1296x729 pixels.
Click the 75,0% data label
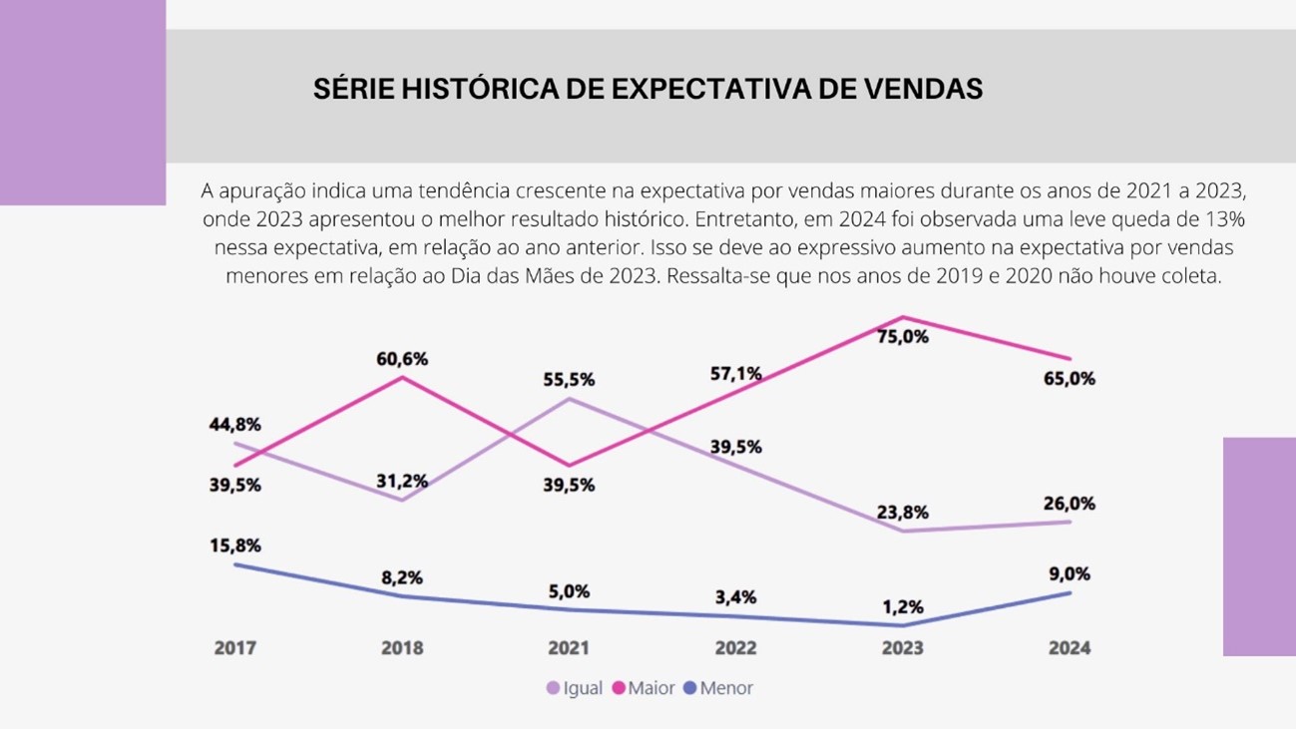pos(903,337)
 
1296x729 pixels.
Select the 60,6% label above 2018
pos(402,359)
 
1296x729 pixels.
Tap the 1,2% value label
pos(902,606)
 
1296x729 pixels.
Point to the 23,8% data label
pos(903,513)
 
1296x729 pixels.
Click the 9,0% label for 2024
pos(1070,574)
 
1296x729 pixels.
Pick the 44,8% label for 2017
pos(234,424)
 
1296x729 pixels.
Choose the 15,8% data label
pos(234,546)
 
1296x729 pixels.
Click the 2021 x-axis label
pos(569,648)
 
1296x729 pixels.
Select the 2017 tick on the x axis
pos(235,648)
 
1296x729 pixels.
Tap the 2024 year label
pos(1070,648)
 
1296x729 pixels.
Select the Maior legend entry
pos(645,688)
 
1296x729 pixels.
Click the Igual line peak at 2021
pos(569,399)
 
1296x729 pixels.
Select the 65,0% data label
pos(1070,379)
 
